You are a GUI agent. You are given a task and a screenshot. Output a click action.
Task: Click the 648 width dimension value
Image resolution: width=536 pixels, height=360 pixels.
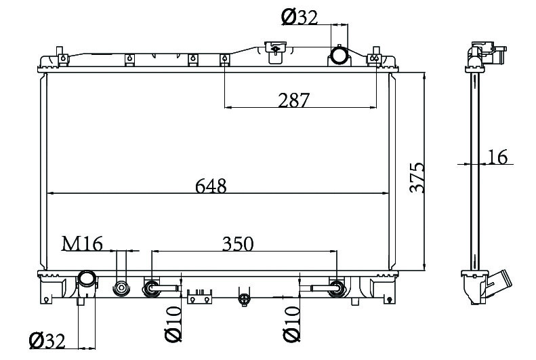211,186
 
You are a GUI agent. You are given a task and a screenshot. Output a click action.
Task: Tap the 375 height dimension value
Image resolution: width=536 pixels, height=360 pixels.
417,178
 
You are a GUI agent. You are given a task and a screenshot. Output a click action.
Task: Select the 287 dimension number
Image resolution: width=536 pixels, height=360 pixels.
293,100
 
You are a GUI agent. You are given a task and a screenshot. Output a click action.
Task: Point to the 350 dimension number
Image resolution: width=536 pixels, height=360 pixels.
238,244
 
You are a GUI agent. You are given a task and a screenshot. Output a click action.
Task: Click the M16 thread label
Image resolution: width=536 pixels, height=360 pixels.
82,244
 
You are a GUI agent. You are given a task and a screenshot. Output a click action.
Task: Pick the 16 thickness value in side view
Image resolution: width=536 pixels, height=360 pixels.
497,157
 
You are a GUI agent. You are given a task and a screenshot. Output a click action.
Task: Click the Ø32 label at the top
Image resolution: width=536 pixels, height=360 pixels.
300,18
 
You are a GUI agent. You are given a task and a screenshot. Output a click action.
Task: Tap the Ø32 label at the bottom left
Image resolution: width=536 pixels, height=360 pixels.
47,341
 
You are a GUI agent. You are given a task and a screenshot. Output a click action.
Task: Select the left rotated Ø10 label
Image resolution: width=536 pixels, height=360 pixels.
173,324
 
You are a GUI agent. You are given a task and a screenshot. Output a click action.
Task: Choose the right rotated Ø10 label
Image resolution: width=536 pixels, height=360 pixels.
291,324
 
